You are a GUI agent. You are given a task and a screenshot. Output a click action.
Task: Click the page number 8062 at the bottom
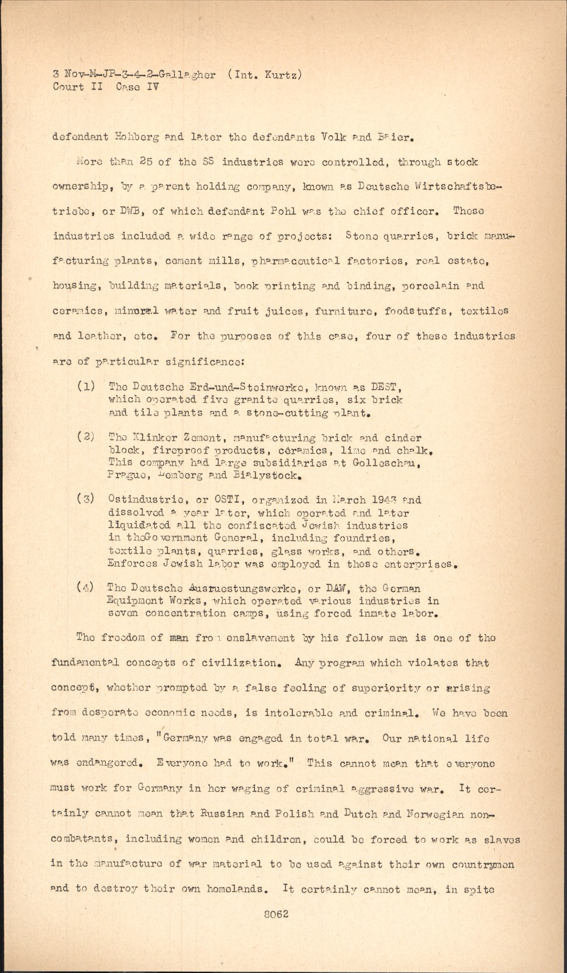coord(276,914)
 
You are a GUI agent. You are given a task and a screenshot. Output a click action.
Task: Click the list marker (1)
coord(85,386)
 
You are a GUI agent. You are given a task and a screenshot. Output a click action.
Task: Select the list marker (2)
coord(85,437)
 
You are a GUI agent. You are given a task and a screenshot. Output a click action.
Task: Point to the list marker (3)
coord(85,499)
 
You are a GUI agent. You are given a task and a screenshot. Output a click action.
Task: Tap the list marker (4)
coord(85,587)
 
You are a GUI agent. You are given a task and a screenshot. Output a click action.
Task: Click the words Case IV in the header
coord(137,87)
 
